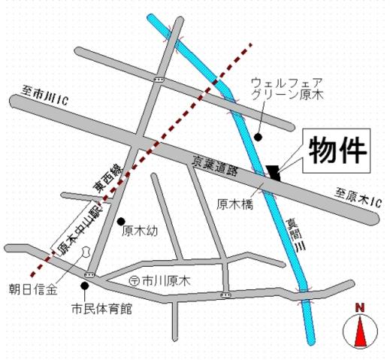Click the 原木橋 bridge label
tap(234, 202)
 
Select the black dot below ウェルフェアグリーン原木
tap(258, 137)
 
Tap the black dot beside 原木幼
tap(121, 221)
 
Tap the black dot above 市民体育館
tap(84, 286)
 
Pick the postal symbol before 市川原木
tap(133, 281)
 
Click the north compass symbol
tap(359, 329)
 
